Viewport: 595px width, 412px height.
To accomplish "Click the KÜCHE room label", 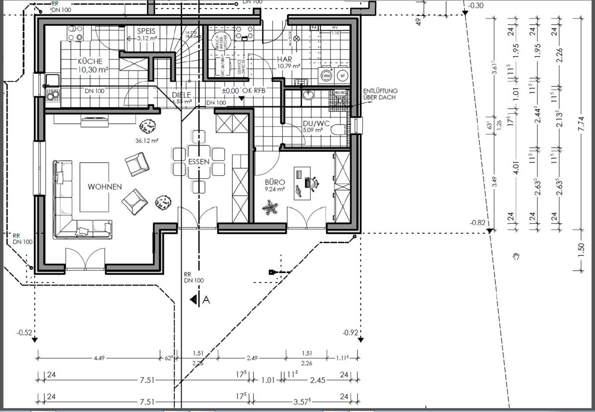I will coord(90,62).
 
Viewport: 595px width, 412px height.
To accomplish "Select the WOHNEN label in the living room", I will coord(105,187).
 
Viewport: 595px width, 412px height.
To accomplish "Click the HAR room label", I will coord(284,59).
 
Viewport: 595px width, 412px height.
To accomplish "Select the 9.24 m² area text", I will coord(274,189).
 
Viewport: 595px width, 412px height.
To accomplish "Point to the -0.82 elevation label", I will coord(478,223).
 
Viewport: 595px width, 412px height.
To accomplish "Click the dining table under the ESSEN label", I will coord(198,162).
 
